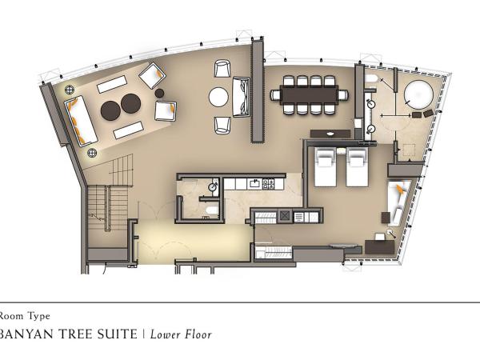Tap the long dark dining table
tap(309, 95)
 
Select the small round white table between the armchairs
tap(218, 98)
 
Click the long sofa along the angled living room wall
tap(81, 121)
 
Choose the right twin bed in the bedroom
tap(358, 167)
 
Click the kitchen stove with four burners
tap(269, 184)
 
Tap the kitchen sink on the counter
tap(255, 184)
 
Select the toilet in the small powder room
tap(212, 210)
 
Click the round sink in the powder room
tap(213, 186)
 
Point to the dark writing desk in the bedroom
tap(379, 247)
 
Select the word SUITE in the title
tap(118, 334)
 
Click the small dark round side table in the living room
tap(159, 93)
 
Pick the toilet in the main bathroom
tap(370, 79)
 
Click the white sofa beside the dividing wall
tap(241, 98)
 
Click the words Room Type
tap(25, 316)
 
